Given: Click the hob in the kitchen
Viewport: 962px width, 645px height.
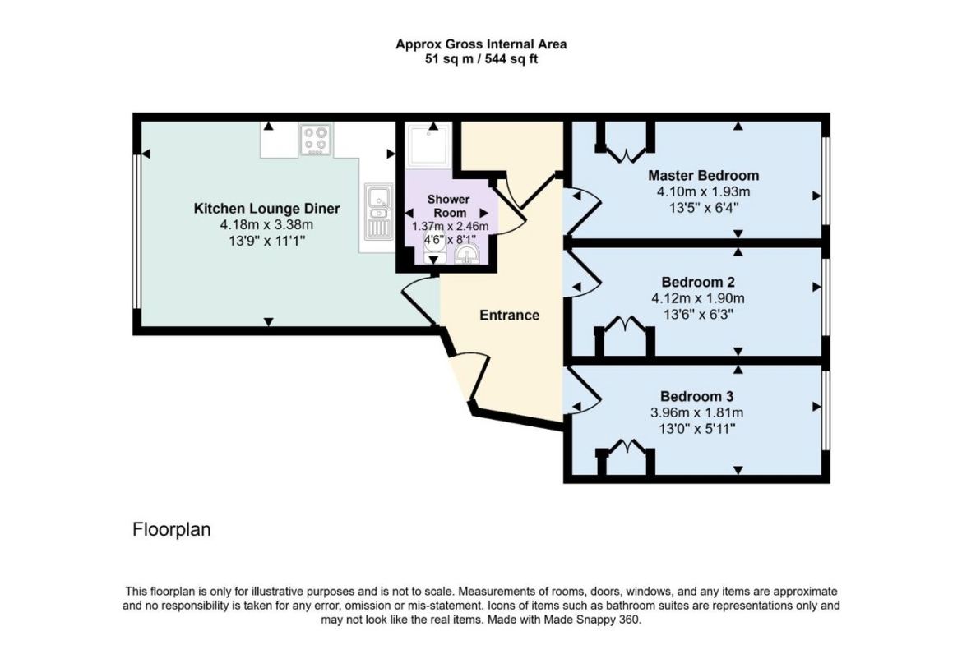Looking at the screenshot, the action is coord(317,140).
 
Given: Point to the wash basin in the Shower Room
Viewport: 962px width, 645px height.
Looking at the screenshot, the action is coord(468,254).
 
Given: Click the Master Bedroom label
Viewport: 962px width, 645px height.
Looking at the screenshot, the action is coord(704,175).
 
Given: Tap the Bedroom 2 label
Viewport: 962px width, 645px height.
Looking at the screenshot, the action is coord(698,282).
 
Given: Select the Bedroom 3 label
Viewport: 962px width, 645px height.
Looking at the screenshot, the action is coord(697,396).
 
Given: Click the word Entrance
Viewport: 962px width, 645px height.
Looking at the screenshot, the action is coord(509,316).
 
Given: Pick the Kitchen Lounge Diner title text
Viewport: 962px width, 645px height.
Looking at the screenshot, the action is coord(267,209).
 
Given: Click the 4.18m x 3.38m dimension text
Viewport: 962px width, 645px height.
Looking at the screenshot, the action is coord(267,225).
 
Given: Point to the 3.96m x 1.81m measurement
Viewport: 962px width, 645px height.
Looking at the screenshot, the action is coord(697,412).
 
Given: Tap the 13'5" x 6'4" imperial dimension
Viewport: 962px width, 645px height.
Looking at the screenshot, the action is coord(704,207).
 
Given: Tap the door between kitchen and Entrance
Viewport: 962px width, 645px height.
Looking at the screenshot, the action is coord(420,302).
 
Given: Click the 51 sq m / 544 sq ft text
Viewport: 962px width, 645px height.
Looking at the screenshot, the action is coord(481,59).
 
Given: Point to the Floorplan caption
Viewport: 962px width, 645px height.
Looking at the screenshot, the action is coord(172,529).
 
